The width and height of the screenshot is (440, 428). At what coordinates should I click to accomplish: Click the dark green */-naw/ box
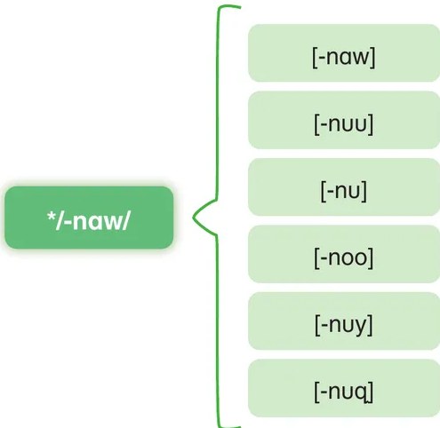click(x=89, y=218)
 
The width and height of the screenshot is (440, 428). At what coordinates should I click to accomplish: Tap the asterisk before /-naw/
click(x=51, y=216)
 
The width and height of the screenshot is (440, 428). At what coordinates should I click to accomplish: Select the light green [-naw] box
click(x=344, y=53)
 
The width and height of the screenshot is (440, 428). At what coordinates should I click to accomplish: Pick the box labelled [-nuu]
click(x=344, y=120)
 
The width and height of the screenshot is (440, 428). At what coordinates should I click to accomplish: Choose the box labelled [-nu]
click(x=344, y=187)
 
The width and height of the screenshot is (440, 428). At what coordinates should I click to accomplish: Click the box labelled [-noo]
click(x=344, y=254)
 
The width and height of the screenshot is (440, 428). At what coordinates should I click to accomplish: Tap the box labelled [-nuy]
click(x=344, y=321)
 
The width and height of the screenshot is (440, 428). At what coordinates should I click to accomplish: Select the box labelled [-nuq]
click(x=344, y=388)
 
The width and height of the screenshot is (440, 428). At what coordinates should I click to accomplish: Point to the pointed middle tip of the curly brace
click(x=193, y=218)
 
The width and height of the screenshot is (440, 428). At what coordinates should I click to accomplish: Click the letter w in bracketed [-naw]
click(x=361, y=58)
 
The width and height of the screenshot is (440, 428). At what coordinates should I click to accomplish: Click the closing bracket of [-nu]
click(x=364, y=191)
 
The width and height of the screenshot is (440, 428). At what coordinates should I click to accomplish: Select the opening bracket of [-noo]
click(x=316, y=258)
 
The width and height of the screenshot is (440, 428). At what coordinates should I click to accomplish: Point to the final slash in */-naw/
click(x=125, y=220)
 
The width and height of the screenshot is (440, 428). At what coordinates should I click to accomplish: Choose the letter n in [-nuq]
click(x=334, y=392)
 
